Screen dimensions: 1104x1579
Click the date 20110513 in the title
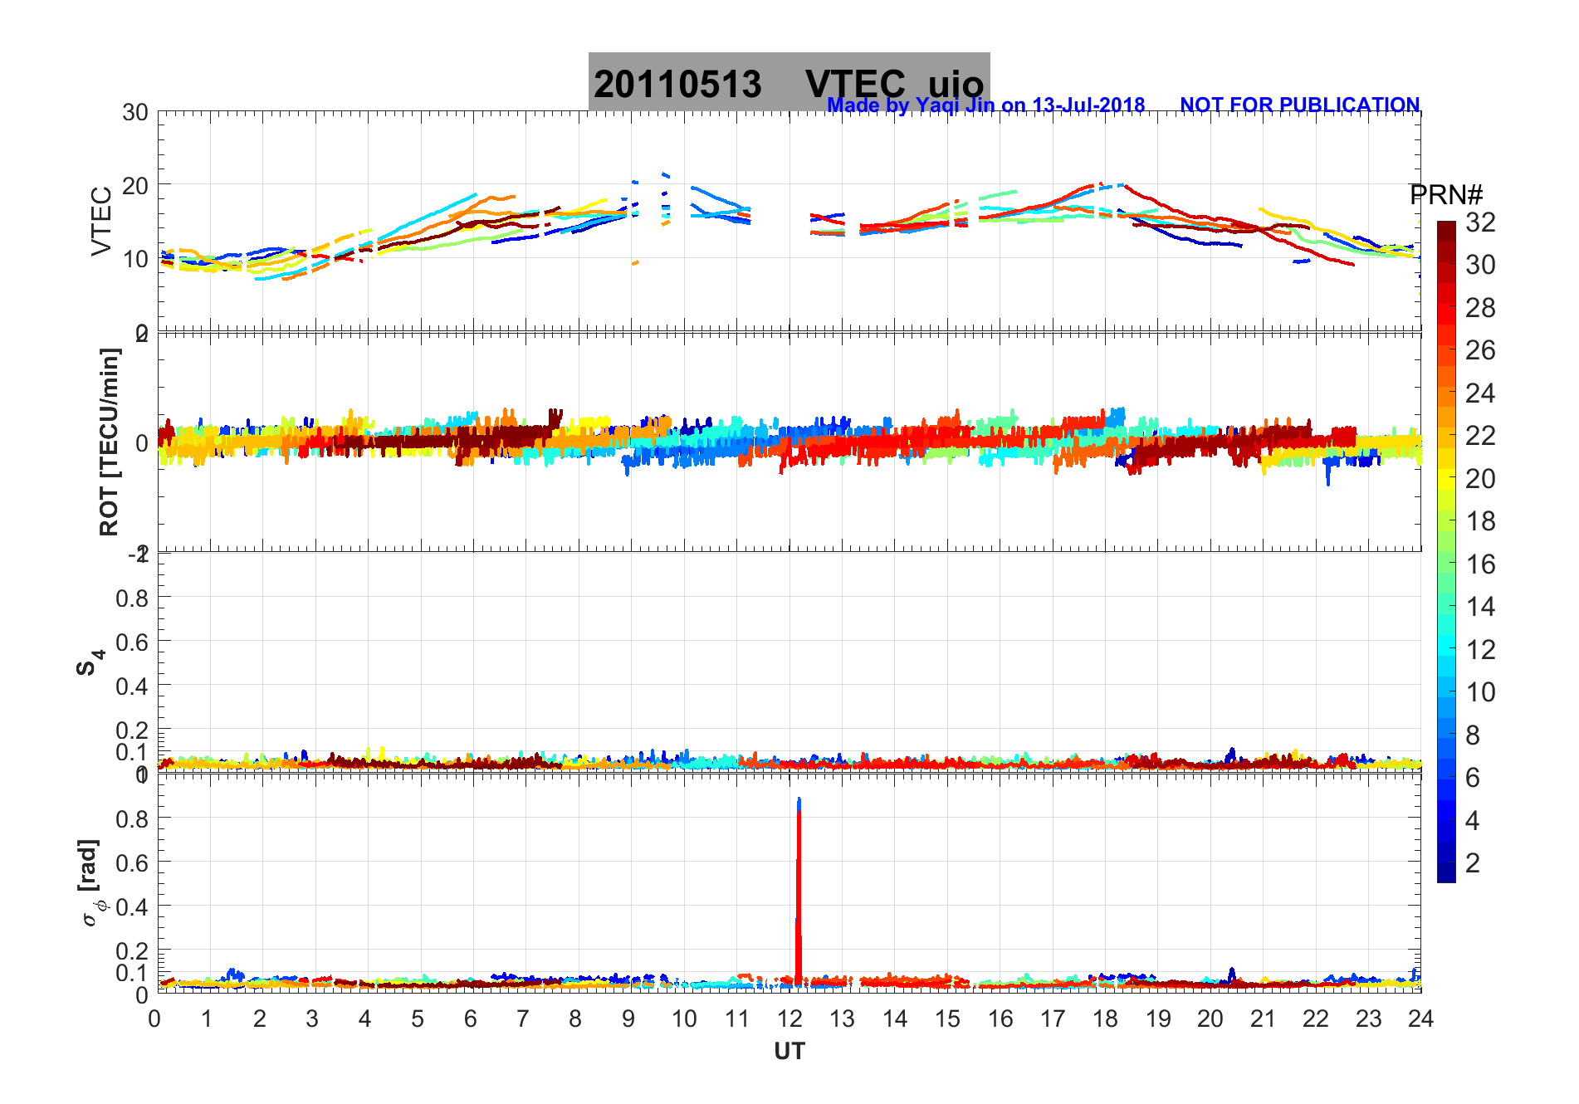(677, 84)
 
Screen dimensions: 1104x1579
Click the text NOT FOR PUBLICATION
(1299, 105)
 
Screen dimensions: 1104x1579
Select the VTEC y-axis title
(101, 221)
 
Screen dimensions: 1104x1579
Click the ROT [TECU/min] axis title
(109, 442)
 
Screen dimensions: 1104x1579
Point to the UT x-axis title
(789, 1052)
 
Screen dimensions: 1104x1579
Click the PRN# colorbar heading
(1445, 195)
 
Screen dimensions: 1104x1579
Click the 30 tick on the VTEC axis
(135, 113)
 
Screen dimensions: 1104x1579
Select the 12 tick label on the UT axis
(789, 1019)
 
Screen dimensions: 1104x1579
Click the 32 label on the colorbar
(1480, 222)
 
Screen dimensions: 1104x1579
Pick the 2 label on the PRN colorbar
(1472, 863)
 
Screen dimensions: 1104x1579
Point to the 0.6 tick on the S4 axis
(132, 642)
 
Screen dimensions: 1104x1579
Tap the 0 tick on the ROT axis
(142, 442)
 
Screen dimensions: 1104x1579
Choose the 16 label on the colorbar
(1480, 564)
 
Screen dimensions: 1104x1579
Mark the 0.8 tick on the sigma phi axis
(132, 818)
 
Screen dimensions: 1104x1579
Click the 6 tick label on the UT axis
(471, 1019)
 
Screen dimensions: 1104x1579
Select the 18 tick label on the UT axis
(1105, 1019)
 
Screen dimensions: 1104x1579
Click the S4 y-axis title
(90, 662)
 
